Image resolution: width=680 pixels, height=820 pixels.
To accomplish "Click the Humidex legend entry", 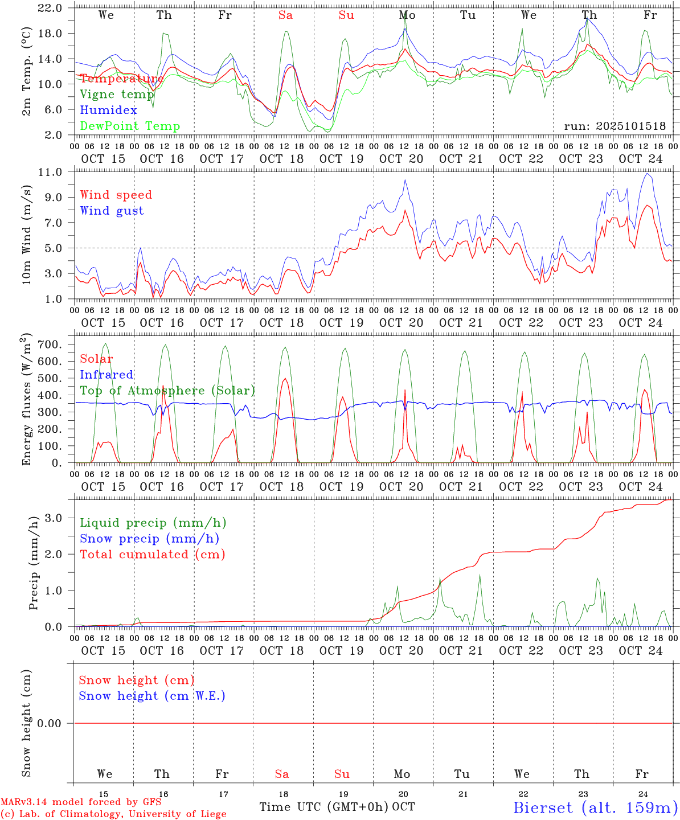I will tap(108, 110).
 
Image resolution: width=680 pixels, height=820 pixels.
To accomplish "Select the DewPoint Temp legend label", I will tap(130, 126).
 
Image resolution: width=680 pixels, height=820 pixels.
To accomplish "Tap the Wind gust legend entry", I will tap(112, 211).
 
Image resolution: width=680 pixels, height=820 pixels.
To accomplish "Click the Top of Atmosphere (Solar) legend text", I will tap(167, 391).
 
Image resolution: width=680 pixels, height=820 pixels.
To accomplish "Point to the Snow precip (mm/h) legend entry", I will tap(149, 539).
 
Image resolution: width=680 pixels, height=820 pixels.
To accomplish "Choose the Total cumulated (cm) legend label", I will tap(152, 555).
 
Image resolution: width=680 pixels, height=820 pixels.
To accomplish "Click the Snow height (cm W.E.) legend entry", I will tap(152, 696).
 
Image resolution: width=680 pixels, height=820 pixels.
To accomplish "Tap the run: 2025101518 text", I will tap(615, 126).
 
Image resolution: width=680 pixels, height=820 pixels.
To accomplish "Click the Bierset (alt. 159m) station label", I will tap(595, 807).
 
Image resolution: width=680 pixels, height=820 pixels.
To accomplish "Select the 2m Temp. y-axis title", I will tap(27, 71).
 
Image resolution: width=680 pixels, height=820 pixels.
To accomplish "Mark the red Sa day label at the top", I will tap(285, 15).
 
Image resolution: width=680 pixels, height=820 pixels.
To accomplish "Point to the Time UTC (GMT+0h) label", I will tap(324, 807).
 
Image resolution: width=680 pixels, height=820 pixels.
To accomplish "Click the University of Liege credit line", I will tap(113, 814).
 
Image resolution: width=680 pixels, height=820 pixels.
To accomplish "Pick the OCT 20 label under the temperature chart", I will tap(402, 159).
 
